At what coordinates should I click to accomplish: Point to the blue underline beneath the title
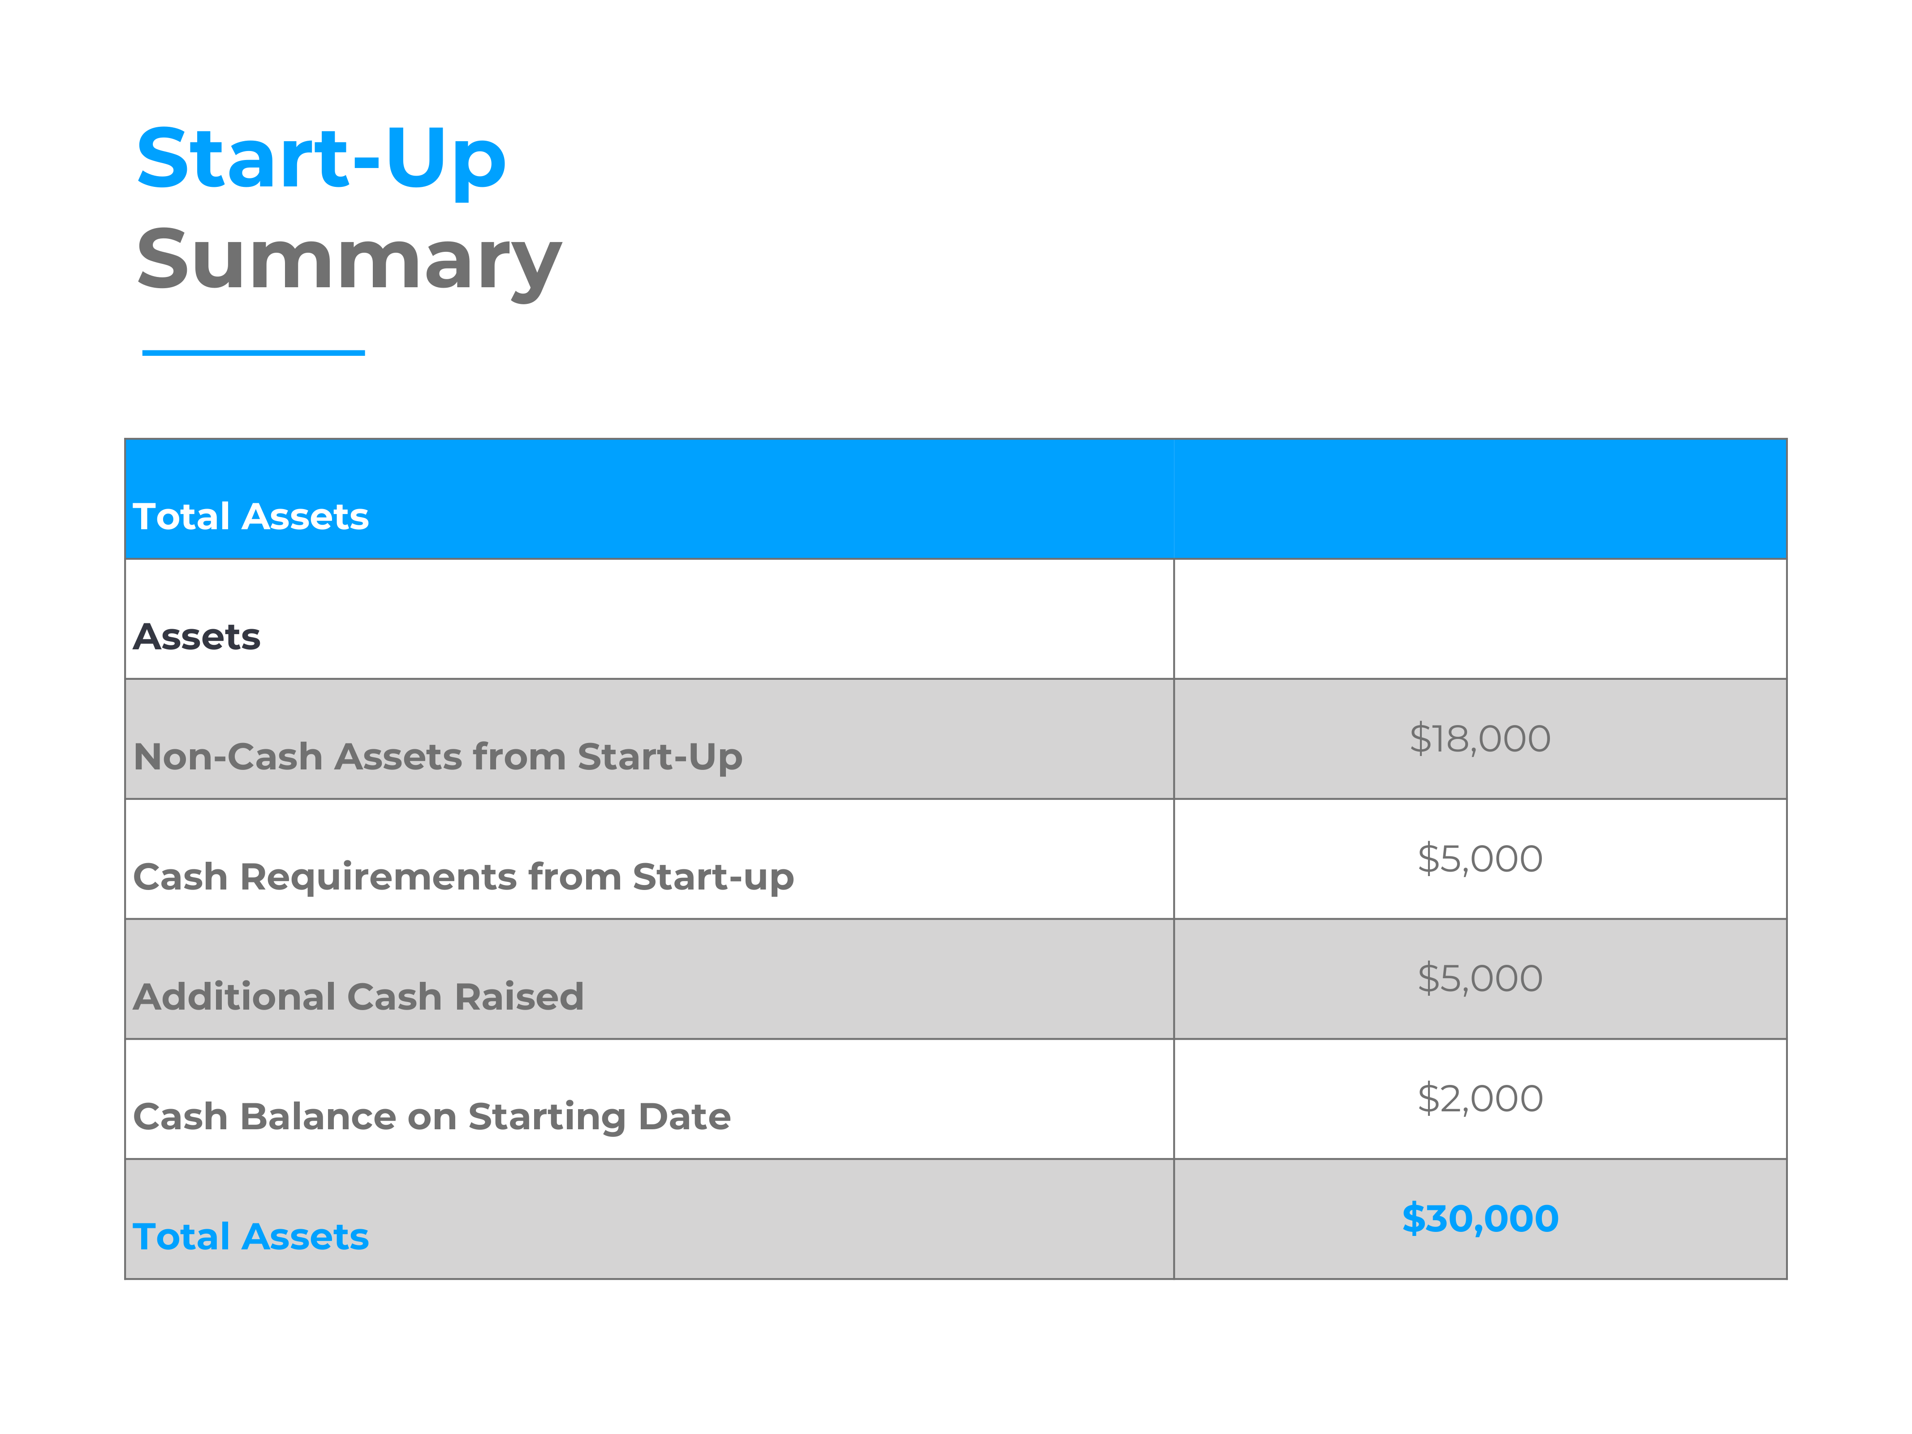[253, 353]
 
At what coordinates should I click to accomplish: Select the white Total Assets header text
[250, 516]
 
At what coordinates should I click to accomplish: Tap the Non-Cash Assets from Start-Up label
[437, 757]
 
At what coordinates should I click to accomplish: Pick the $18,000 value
[1480, 739]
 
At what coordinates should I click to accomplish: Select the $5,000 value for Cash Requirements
[1480, 859]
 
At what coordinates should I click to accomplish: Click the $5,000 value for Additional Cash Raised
[1480, 979]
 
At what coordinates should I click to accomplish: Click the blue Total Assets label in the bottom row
[250, 1237]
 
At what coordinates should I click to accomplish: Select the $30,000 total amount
[1480, 1219]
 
